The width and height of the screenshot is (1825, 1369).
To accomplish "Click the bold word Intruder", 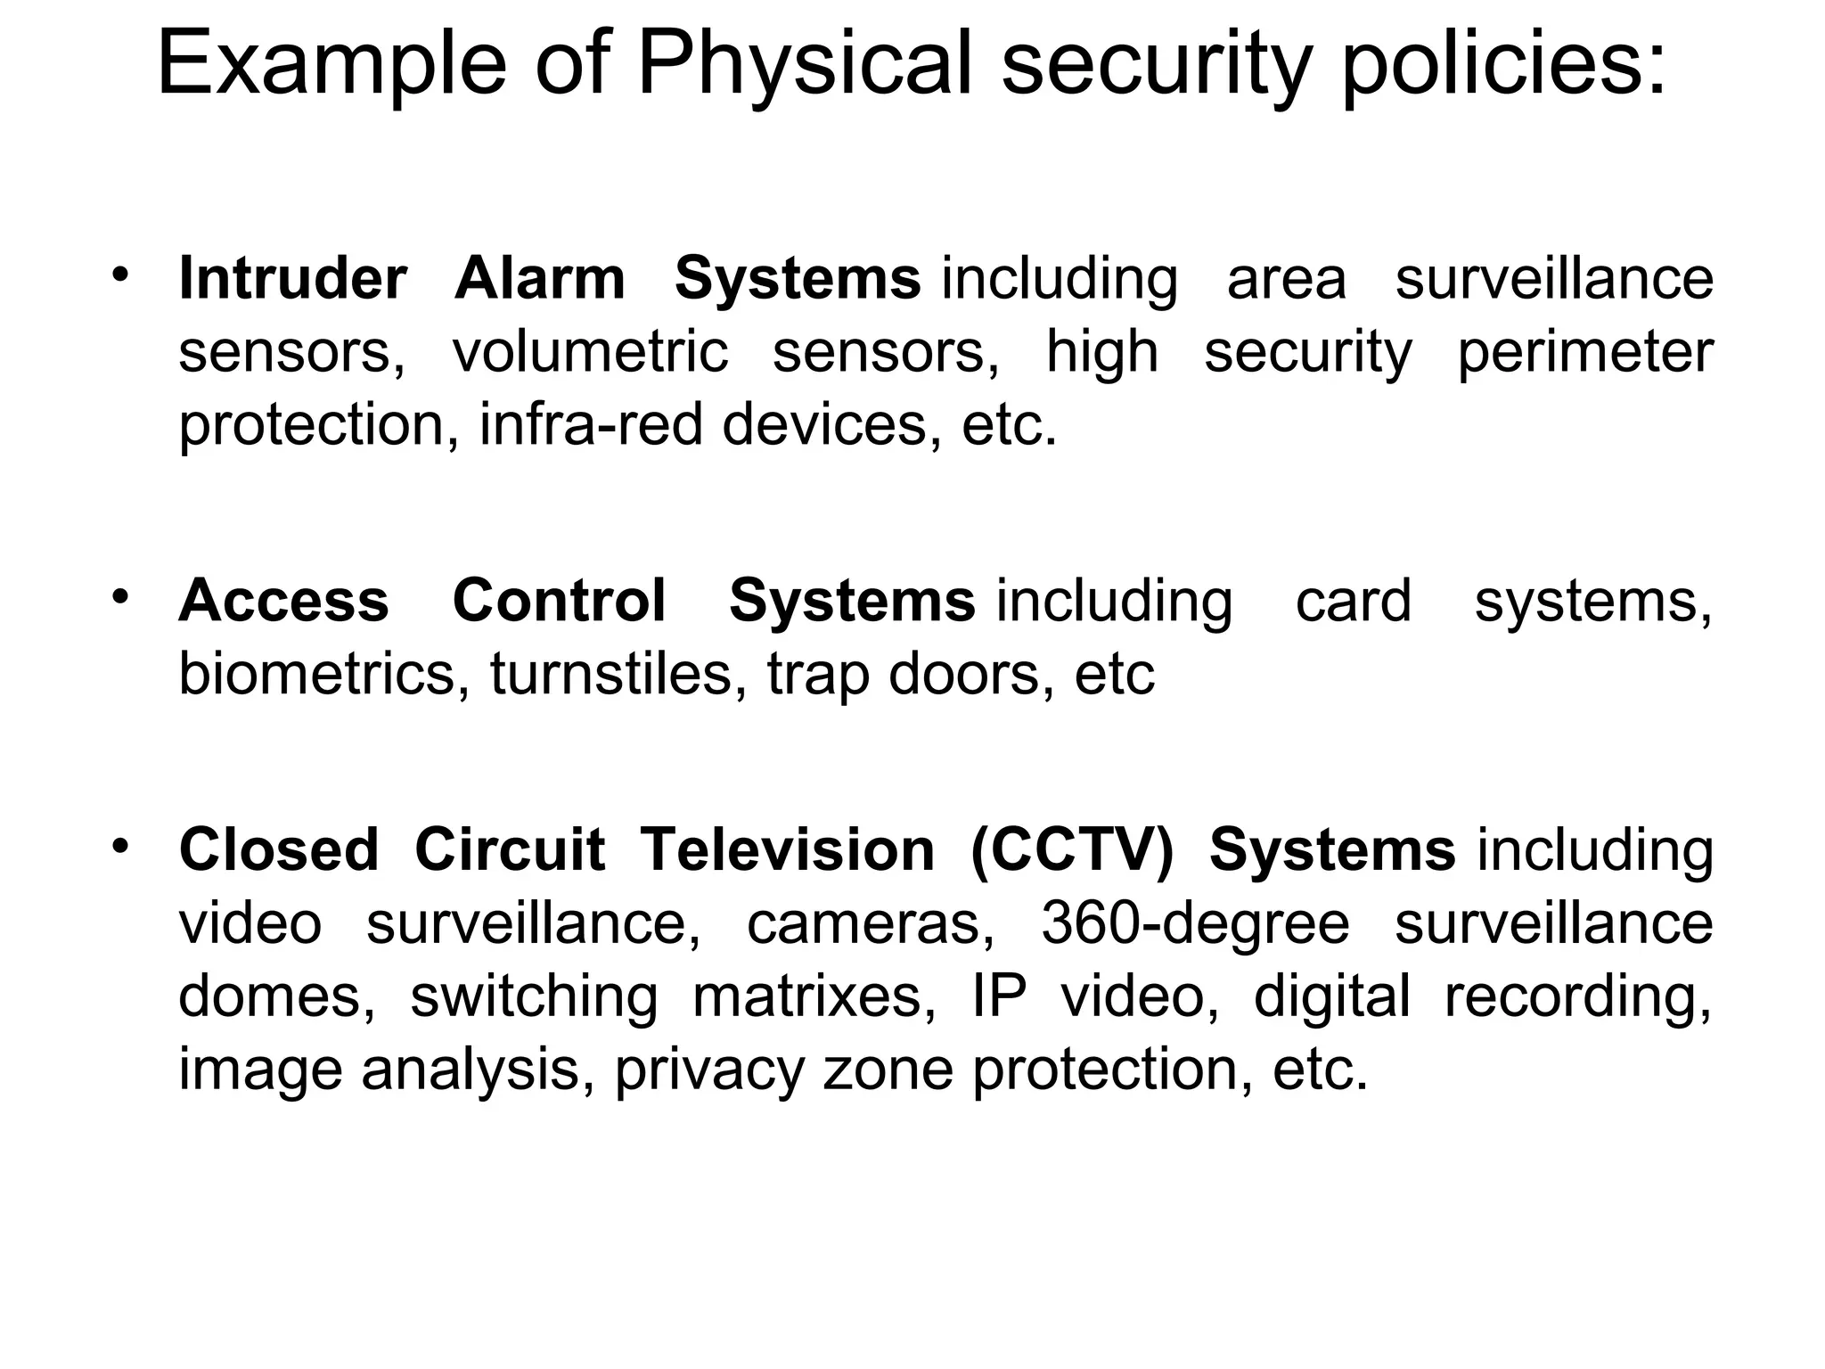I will [293, 279].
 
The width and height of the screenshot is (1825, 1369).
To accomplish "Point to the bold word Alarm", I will [540, 279].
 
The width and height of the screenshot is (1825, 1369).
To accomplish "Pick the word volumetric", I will [590, 353].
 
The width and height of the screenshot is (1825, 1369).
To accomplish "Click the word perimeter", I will [1585, 353].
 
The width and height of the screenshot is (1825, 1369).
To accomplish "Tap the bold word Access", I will [284, 601].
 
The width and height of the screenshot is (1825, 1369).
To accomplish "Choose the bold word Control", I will [560, 601].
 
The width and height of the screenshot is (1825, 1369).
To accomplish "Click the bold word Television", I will [789, 850].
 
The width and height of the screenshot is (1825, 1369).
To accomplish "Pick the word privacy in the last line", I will [710, 1070].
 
